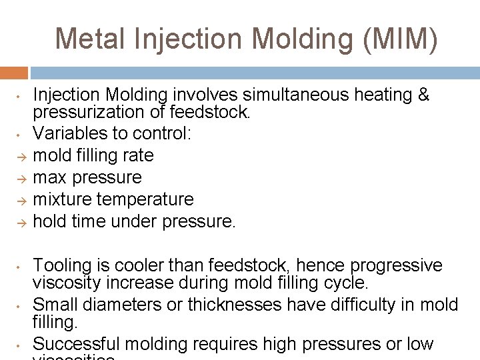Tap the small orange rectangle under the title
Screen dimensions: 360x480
[x=14, y=73]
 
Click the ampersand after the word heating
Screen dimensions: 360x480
[x=423, y=95]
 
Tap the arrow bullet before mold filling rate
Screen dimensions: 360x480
[x=21, y=157]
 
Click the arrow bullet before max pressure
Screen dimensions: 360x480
[x=21, y=179]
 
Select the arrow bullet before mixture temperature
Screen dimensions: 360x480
[x=21, y=200]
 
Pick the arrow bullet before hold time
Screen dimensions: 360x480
[x=21, y=222]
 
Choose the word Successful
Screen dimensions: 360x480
[x=77, y=344]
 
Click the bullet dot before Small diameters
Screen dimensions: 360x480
[x=21, y=306]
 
